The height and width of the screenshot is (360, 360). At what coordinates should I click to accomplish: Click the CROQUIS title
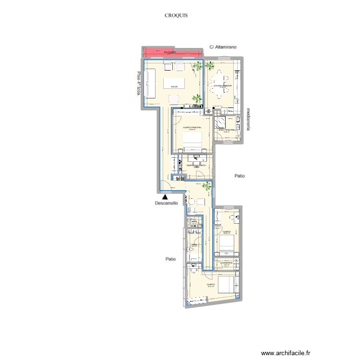point(176,15)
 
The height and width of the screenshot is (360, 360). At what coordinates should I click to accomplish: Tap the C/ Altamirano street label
point(224,47)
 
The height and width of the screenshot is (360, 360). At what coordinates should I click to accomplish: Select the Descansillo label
point(166,203)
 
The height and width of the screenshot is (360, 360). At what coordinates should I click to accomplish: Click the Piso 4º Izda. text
point(139,83)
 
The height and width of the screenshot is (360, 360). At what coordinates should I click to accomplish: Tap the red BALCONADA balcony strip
point(170,52)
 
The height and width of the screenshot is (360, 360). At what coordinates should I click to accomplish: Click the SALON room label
point(174,87)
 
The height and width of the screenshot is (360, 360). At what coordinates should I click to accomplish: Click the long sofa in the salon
point(151,83)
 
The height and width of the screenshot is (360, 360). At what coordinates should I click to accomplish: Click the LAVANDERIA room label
point(227,263)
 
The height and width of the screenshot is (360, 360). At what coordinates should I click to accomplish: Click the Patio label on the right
point(240,176)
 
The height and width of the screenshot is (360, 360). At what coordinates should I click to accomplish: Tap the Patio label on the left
point(169,259)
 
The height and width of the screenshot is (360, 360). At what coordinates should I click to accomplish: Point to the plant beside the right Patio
point(206,186)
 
